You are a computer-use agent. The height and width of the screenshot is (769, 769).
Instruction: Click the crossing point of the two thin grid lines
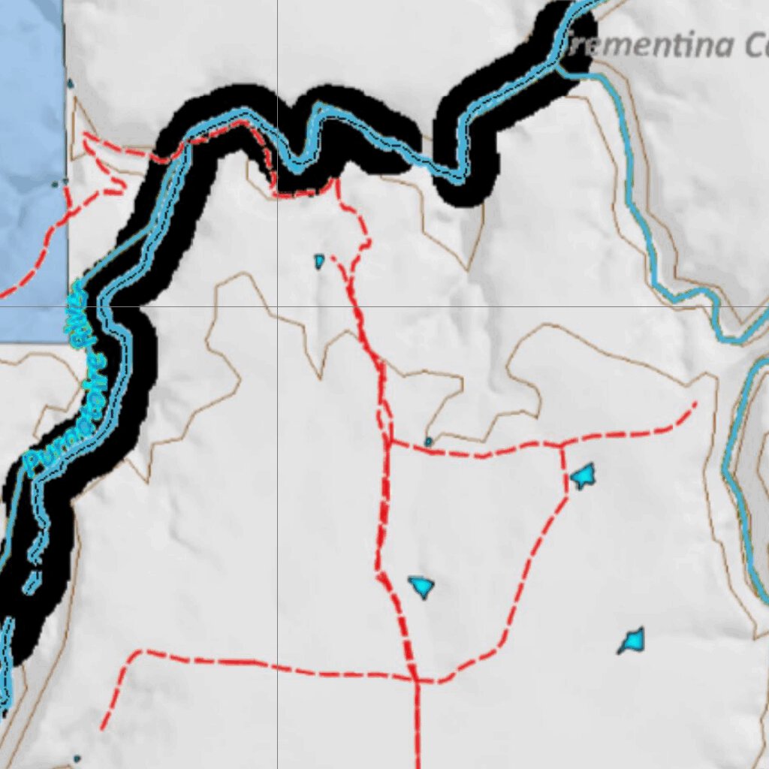click(x=277, y=306)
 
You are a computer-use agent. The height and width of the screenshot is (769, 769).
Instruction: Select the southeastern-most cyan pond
click(x=632, y=641)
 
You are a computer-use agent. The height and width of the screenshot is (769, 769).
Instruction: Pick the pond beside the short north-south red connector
click(x=583, y=475)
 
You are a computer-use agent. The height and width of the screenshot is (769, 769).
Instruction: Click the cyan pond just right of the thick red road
click(x=421, y=585)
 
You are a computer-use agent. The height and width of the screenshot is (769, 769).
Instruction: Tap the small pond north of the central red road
click(x=319, y=261)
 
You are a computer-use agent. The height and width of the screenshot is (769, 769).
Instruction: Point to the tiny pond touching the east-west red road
click(x=429, y=442)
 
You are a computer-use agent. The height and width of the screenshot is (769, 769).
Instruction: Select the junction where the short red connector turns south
click(x=562, y=446)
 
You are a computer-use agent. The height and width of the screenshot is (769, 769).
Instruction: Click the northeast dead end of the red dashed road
click(x=695, y=404)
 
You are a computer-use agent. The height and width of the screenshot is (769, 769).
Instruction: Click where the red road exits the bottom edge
click(x=418, y=766)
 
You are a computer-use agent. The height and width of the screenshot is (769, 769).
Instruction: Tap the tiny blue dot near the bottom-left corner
click(x=77, y=758)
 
